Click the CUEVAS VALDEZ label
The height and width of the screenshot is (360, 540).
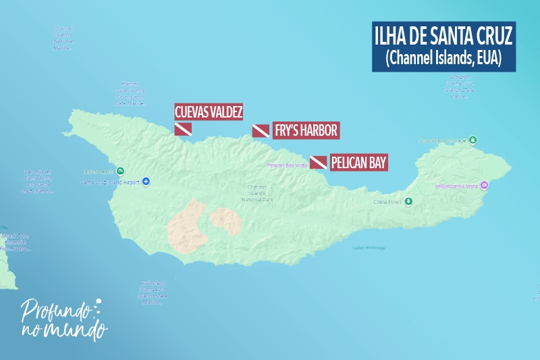pos(209,112)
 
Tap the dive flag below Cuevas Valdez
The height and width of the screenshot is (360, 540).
pos(183,129)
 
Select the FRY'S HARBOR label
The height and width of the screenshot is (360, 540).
pos(305,130)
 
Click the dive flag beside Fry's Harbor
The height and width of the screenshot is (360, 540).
pos(261,130)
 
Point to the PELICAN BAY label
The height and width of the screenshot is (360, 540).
pos(359,163)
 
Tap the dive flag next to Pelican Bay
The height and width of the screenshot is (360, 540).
pos(319,163)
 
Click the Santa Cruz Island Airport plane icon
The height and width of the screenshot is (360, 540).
pos(146,182)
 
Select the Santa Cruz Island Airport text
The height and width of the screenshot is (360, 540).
pos(111,182)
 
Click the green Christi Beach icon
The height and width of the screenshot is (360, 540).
pos(120,171)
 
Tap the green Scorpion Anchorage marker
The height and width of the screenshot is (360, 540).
pos(473,140)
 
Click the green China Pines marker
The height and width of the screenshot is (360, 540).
pos(408,201)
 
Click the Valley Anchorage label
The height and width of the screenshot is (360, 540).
pos(369,248)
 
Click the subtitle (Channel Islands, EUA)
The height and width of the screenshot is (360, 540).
pos(443,59)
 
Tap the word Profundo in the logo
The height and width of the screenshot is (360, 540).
pos(55,311)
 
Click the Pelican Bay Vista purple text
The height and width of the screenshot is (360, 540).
pos(288,165)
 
